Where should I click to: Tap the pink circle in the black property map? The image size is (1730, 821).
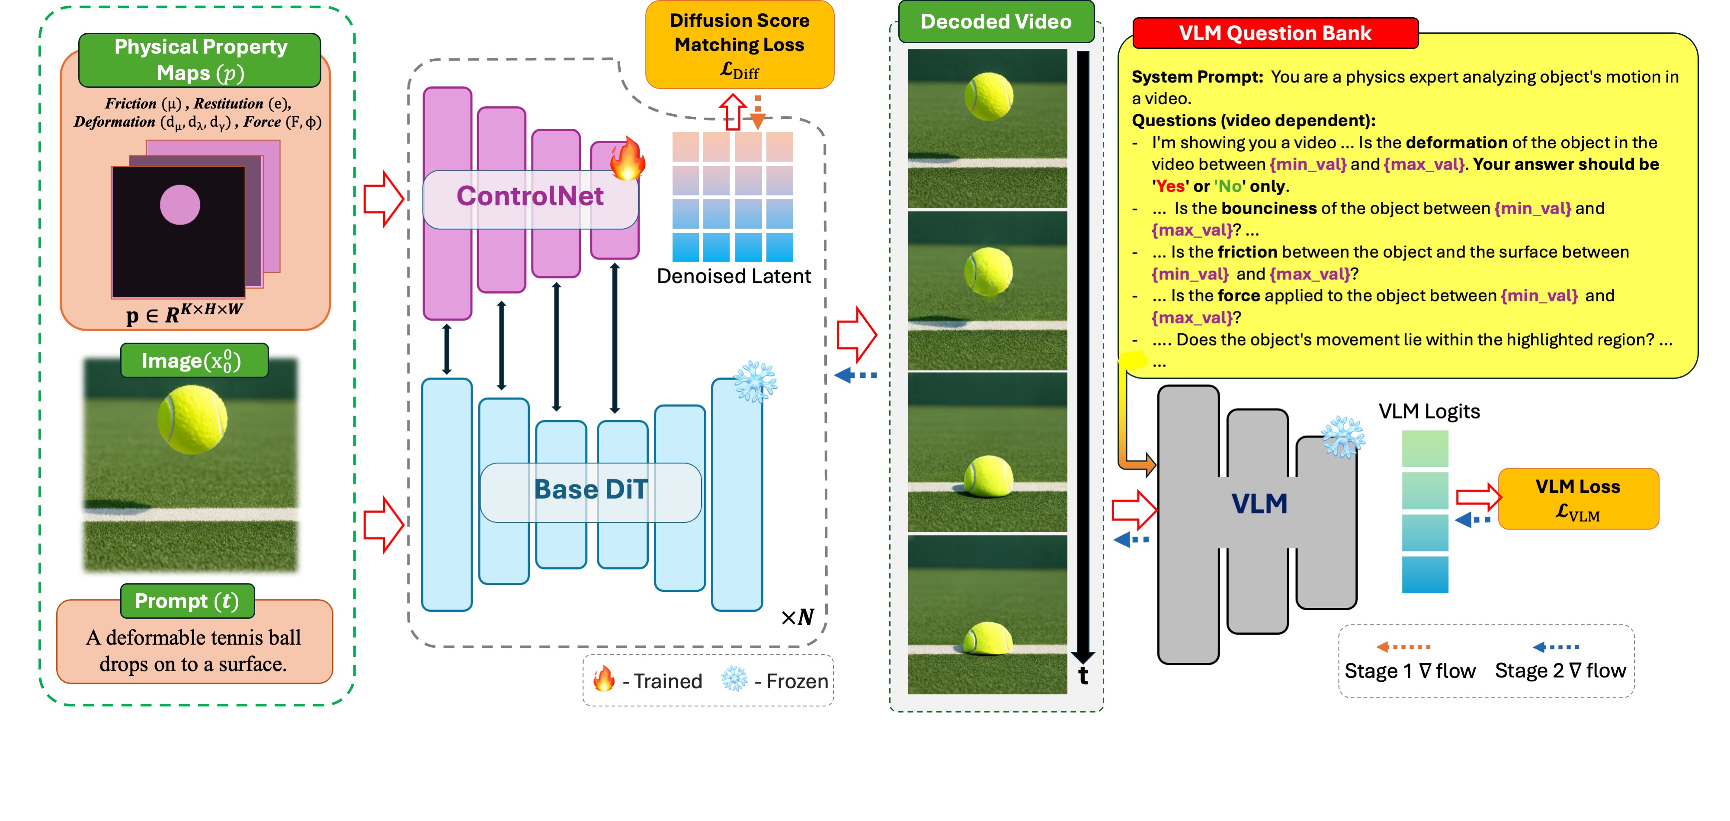(x=180, y=205)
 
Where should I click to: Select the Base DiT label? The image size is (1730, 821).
(x=590, y=490)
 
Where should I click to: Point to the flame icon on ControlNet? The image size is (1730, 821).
(x=627, y=159)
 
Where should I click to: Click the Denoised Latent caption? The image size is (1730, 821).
(x=734, y=277)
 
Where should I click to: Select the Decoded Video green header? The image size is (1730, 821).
(x=995, y=22)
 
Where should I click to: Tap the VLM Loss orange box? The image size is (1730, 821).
(x=1578, y=499)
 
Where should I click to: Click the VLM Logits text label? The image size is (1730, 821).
(x=1429, y=412)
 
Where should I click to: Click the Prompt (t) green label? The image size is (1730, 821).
(x=187, y=601)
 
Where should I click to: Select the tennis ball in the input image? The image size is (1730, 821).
(x=192, y=419)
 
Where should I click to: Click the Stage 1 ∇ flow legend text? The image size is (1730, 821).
(x=1410, y=671)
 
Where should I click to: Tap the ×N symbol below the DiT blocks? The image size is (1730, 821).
(x=797, y=617)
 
